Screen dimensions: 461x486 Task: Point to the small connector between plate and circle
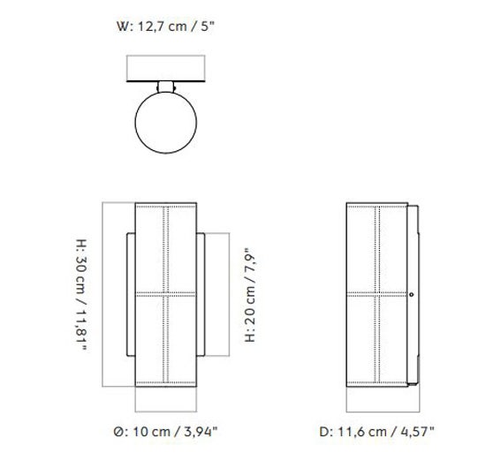165,86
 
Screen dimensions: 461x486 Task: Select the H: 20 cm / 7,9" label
248,294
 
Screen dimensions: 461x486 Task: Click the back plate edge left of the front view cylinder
130,294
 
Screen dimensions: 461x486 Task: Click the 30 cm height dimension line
103,293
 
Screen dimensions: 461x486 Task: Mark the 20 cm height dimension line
232,293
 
